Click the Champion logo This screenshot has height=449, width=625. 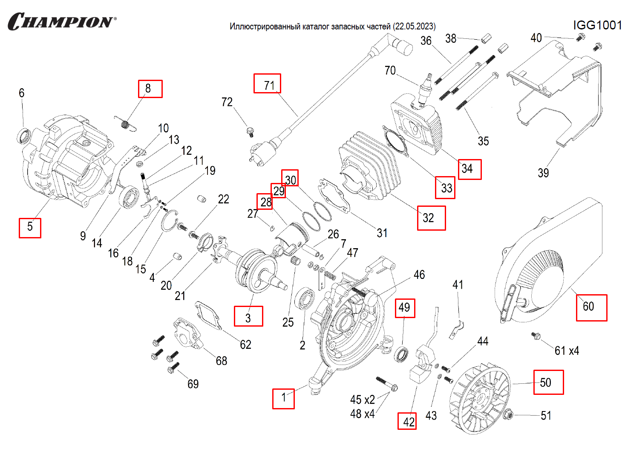tap(62, 21)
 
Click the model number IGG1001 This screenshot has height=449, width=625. tap(597, 25)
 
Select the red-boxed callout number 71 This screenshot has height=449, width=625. tap(268, 84)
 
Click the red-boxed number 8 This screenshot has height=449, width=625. tap(150, 89)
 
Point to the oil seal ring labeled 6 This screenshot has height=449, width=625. tap(24, 136)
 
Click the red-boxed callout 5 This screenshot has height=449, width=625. tap(30, 227)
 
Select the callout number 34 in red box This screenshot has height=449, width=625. tap(469, 169)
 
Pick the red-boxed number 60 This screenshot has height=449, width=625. tap(591, 307)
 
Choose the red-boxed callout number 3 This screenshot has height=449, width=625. tap(248, 316)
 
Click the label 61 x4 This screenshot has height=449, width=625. tap(567, 351)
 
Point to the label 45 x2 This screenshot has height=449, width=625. tap(363, 400)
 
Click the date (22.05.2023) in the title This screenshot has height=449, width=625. tap(415, 26)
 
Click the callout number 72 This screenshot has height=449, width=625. tap(227, 102)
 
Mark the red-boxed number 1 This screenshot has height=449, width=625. tap(283, 398)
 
